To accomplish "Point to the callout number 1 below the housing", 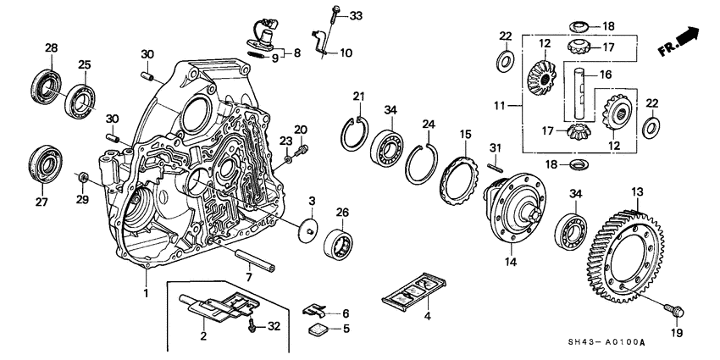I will pos(146,294).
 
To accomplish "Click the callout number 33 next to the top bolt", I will pos(355,16).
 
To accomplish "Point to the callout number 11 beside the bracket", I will pos(501,106).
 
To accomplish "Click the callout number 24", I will pos(429,124).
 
